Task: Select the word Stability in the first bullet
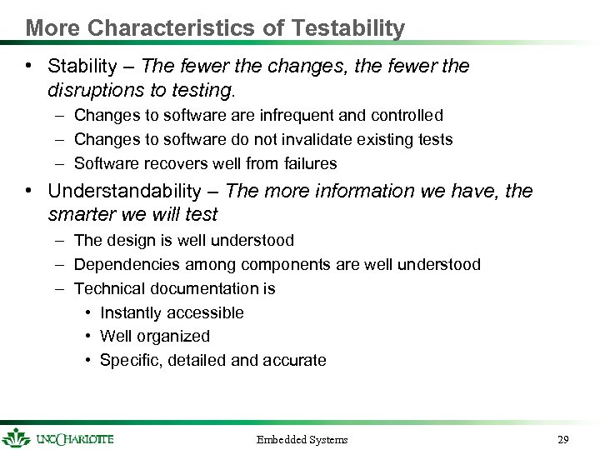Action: (x=82, y=66)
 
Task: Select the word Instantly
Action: (x=131, y=312)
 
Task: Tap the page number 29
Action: (x=562, y=438)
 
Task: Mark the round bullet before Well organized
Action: (x=87, y=337)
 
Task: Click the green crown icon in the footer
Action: (x=15, y=437)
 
